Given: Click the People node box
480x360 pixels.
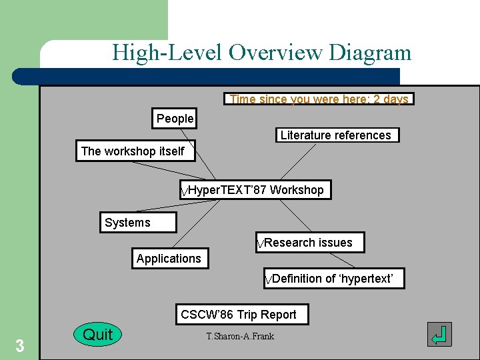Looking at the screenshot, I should tap(174, 119).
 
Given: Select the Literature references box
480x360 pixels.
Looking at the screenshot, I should tap(337, 135).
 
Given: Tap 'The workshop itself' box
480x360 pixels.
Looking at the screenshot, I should tap(133, 151).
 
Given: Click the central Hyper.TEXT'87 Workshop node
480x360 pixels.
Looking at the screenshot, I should tap(256, 190).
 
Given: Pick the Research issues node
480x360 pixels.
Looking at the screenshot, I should tap(311, 243).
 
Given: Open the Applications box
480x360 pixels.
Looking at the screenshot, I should tap(169, 259).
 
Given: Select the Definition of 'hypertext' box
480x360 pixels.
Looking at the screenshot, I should tap(333, 279).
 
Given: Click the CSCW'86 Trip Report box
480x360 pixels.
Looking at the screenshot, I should tap(241, 315).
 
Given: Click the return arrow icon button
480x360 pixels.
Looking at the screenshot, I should tap(439, 335).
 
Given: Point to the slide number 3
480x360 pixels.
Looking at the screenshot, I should tap(20, 346).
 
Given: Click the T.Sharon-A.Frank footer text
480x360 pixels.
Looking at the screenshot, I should tap(240, 336).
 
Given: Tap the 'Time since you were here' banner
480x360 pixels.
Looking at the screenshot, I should tap(319, 99).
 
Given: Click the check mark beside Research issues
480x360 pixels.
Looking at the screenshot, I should tap(261, 245).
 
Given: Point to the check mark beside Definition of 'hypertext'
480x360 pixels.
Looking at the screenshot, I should tap(268, 280).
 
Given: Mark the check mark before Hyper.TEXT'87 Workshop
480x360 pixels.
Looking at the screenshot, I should tap(185, 192).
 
